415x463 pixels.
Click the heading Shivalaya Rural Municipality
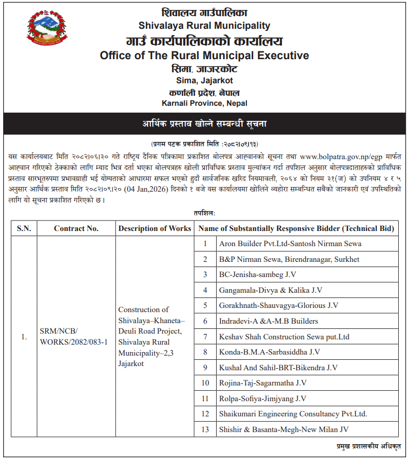pos(204,25)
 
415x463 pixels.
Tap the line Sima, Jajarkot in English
pos(204,80)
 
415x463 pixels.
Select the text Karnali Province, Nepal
pos(204,103)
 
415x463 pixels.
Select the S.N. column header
pos(24,228)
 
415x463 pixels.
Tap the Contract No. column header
pos(76,228)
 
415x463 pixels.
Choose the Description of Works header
pos(155,228)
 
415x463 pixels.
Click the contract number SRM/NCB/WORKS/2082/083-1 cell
pos(74,336)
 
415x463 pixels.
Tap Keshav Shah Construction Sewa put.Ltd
pos(284,337)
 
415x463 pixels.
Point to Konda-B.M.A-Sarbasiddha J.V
pos(269,352)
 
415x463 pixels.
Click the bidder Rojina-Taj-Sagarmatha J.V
pos(263,383)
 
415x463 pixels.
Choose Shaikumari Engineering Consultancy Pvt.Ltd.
pos(293,414)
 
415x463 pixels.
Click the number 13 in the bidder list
pos(206,429)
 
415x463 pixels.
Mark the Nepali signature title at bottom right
pos(368,446)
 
